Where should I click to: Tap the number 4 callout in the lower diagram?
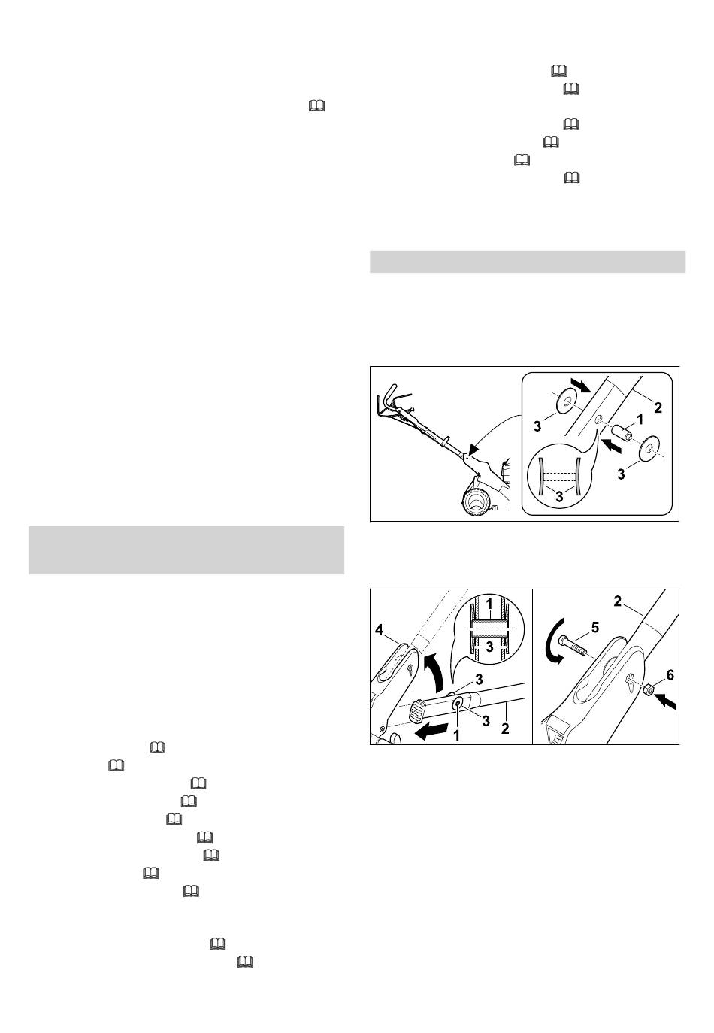click(x=379, y=629)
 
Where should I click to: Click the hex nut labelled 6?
click(x=646, y=689)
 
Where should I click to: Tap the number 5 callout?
click(x=595, y=627)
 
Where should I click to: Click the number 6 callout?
click(x=670, y=675)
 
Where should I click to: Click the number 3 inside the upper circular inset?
click(x=559, y=497)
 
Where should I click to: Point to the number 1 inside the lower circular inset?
click(x=489, y=604)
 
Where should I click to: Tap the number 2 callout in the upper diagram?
click(x=658, y=407)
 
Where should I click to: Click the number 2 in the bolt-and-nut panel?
click(x=617, y=601)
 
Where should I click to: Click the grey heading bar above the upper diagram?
click(x=528, y=262)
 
